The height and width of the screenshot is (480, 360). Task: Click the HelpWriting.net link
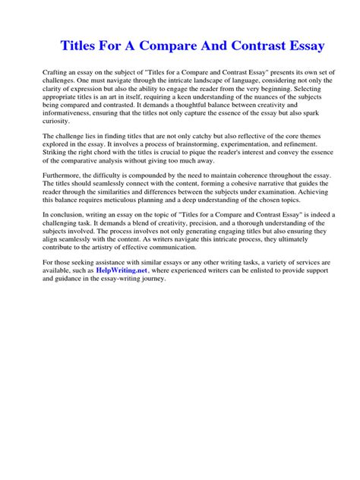pos(122,270)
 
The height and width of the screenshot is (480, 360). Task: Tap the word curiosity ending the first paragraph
pos(57,121)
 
